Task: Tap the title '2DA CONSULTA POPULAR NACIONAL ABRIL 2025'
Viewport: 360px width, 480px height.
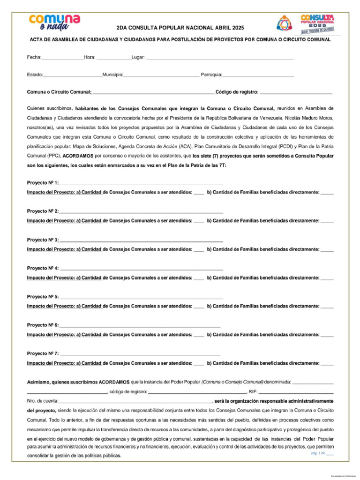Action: [180, 28]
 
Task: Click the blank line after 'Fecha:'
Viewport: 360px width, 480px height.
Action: [62, 58]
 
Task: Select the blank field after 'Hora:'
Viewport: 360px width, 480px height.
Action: [113, 58]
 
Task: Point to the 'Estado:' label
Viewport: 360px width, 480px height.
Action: [35, 75]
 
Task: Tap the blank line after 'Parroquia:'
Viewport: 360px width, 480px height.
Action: [258, 75]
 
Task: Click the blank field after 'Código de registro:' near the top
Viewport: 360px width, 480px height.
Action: [296, 92]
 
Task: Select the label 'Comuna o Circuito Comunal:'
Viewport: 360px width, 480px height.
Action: [59, 92]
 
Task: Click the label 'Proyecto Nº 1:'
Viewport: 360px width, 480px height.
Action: [43, 183]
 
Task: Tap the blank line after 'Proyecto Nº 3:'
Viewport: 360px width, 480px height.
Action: [141, 240]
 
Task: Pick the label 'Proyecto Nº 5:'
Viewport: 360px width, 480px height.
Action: [43, 297]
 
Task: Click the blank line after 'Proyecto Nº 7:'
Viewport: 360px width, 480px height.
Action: [140, 353]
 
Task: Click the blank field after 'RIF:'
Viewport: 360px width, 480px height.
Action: [296, 391]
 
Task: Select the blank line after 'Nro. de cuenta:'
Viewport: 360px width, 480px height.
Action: [136, 401]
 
